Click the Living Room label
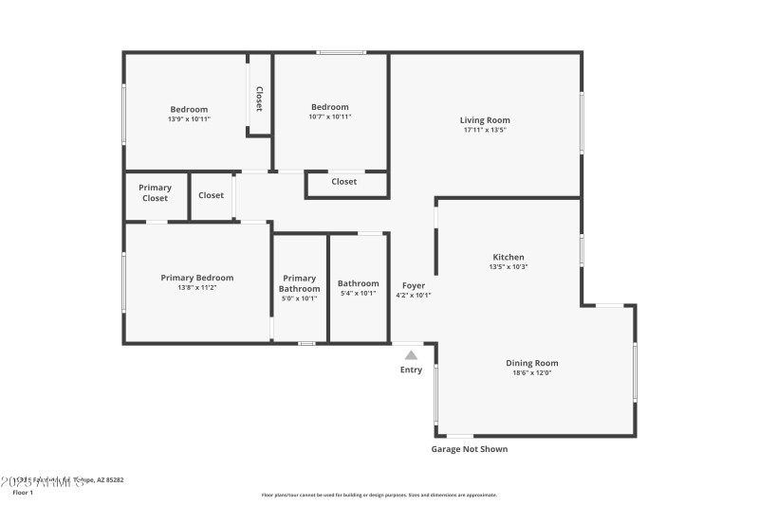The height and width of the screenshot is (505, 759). [x=485, y=120]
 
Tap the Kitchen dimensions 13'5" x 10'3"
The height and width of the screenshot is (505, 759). [x=508, y=267]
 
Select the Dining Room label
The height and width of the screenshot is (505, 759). [x=531, y=363]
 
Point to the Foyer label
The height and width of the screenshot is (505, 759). [x=413, y=285]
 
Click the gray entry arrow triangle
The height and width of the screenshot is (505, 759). [x=411, y=354]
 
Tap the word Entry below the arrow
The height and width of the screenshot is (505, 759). [x=411, y=370]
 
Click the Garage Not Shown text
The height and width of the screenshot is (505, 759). [x=470, y=449]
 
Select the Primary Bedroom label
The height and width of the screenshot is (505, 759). [x=196, y=278]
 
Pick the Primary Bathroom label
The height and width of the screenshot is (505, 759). [x=299, y=283]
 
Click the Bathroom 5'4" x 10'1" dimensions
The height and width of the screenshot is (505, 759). [x=358, y=294]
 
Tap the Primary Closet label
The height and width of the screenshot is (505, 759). [x=155, y=192]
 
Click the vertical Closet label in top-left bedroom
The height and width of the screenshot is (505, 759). [x=258, y=99]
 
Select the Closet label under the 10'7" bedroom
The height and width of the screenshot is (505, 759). [x=343, y=182]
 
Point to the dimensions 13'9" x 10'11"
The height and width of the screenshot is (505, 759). [x=189, y=119]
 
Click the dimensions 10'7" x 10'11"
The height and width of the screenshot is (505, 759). [x=329, y=117]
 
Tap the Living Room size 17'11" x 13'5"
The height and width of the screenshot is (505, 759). [x=485, y=131]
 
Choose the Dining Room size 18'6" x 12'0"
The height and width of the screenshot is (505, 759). [x=531, y=373]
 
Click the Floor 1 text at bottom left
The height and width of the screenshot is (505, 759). [x=23, y=493]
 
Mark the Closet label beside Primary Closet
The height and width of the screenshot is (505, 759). [x=211, y=195]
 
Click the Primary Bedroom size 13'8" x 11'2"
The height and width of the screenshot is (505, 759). [x=196, y=288]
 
